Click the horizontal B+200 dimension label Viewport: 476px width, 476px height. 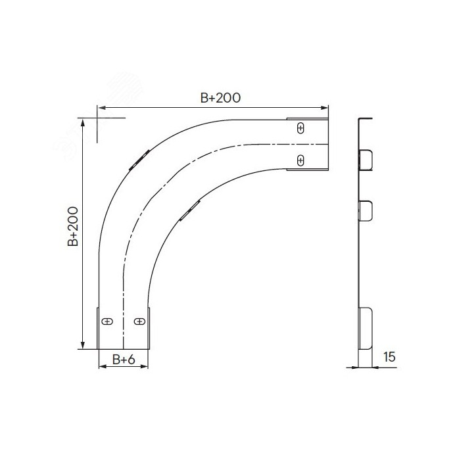click(x=220, y=98)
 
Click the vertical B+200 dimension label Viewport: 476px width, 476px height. click(x=73, y=226)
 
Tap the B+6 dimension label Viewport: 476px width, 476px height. click(x=124, y=360)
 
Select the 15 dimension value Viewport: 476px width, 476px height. click(x=389, y=357)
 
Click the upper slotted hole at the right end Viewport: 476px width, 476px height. click(x=300, y=128)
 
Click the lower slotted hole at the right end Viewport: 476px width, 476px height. click(x=300, y=160)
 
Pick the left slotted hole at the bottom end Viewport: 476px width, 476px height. click(x=107, y=321)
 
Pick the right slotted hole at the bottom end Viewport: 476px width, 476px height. click(x=139, y=321)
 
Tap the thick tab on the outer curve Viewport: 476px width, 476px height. click(x=139, y=160)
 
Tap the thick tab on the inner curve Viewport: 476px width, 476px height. click(x=190, y=210)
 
